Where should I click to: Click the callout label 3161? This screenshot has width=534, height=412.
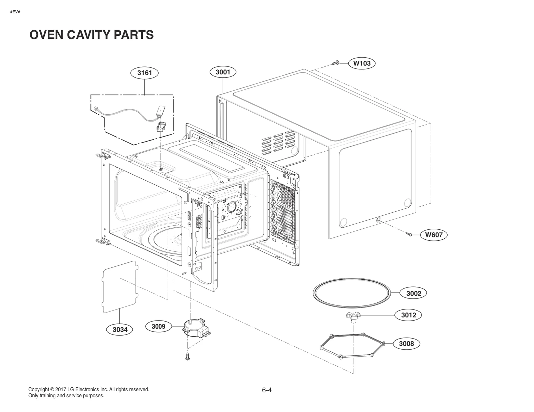(x=145, y=73)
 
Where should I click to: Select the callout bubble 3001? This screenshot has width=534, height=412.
(x=223, y=72)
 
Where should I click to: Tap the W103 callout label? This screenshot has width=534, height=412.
(x=362, y=63)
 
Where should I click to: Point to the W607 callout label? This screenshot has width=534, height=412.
(x=434, y=235)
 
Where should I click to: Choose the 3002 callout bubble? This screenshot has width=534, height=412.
(x=414, y=293)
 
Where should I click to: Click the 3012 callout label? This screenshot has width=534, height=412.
(x=409, y=315)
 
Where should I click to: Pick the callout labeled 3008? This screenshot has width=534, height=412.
(x=406, y=344)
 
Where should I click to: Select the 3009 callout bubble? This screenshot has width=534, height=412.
(x=158, y=326)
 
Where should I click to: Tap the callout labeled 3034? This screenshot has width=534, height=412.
(x=120, y=330)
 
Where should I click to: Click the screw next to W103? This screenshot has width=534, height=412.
(x=336, y=62)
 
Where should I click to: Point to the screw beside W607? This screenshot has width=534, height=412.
(x=409, y=234)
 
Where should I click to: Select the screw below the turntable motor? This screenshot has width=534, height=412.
(x=188, y=356)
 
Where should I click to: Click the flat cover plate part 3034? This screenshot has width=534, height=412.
(x=119, y=287)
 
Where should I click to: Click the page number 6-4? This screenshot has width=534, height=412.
(x=267, y=390)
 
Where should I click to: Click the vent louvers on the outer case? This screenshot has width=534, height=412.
(x=278, y=143)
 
